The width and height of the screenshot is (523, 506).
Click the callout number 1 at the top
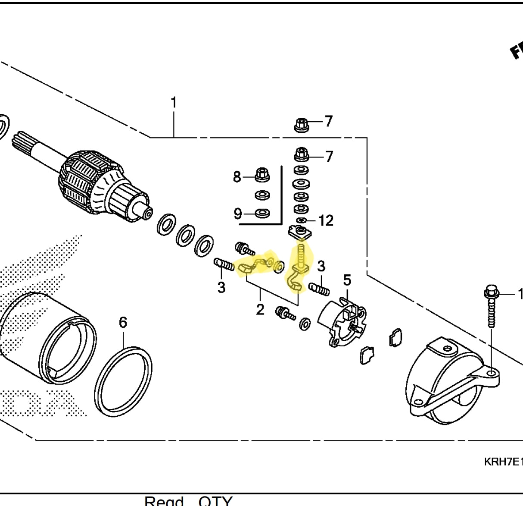[x=174, y=103]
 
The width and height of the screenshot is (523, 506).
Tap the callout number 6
[x=123, y=322]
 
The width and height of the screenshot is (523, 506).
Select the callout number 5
[x=347, y=280]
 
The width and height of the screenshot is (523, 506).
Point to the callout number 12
[x=326, y=221]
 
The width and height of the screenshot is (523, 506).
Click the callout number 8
[x=237, y=177]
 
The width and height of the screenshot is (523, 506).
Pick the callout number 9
[x=238, y=214]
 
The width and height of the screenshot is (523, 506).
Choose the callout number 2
[x=260, y=309]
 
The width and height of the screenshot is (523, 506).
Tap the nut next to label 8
[x=262, y=175]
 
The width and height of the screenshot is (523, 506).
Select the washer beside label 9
[x=262, y=213]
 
